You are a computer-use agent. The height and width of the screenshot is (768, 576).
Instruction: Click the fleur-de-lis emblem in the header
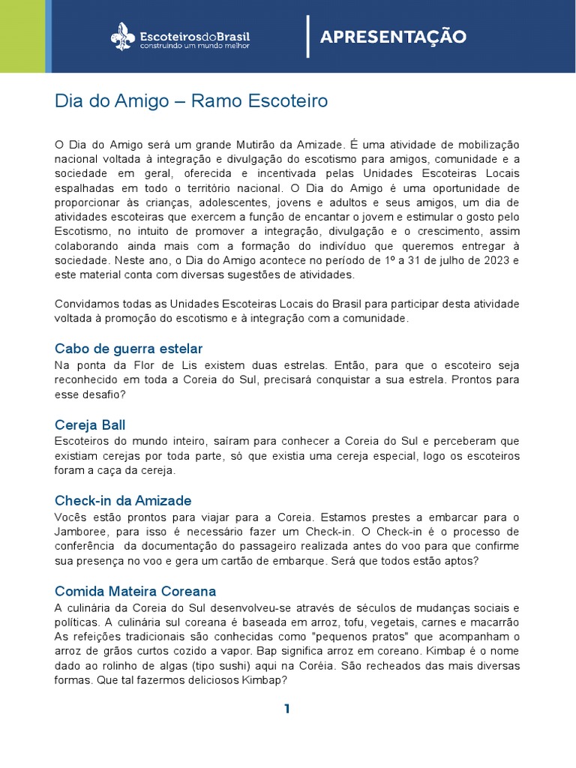click(123, 36)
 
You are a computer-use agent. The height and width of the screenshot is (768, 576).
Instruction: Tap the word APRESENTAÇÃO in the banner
click(393, 37)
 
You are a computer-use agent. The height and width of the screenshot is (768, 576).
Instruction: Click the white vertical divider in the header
click(307, 36)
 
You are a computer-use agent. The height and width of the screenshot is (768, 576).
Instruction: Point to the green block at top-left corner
click(22, 36)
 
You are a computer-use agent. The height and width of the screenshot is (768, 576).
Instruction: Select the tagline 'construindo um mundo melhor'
click(194, 46)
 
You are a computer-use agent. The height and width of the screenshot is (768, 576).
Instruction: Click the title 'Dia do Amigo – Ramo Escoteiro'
click(191, 100)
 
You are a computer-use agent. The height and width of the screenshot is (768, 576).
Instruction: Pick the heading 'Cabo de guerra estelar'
click(129, 349)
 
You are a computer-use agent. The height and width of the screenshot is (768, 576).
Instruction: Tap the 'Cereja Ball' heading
click(90, 425)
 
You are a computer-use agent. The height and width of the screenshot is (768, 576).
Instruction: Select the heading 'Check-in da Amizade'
click(123, 500)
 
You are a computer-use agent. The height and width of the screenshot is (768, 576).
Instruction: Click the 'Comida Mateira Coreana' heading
click(135, 591)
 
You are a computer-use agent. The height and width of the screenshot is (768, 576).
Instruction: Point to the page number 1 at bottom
click(287, 709)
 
